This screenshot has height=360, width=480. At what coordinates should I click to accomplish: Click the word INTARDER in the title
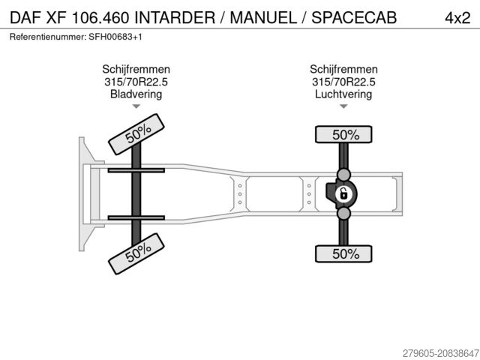click(x=175, y=18)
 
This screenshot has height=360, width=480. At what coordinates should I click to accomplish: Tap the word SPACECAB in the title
click(x=354, y=18)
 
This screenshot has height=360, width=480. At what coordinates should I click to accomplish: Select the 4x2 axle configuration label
click(x=457, y=18)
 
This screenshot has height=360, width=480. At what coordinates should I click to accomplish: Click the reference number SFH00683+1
click(x=115, y=37)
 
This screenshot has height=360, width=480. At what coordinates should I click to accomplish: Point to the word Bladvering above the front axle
click(x=136, y=94)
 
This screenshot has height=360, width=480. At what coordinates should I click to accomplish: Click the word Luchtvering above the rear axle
click(x=343, y=94)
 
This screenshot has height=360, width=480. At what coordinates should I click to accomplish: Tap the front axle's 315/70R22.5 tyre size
click(x=136, y=82)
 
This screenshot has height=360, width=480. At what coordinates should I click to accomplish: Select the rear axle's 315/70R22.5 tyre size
click(x=343, y=82)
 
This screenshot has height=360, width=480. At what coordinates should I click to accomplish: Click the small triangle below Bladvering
click(x=136, y=106)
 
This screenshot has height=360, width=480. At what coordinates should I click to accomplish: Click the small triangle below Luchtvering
click(x=343, y=106)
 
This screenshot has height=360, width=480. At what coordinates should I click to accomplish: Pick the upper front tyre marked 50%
click(x=136, y=134)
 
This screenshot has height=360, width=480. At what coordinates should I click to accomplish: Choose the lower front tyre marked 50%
click(x=136, y=253)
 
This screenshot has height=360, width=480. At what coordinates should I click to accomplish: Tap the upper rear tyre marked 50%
click(x=343, y=134)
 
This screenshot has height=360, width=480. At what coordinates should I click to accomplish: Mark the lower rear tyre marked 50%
click(x=343, y=253)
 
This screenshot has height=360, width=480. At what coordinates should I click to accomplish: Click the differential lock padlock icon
click(x=343, y=194)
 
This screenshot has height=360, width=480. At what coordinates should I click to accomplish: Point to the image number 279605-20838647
click(x=441, y=353)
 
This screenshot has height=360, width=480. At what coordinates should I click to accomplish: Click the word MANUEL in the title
click(x=263, y=18)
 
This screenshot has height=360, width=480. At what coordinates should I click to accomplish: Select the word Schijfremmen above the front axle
click(x=136, y=69)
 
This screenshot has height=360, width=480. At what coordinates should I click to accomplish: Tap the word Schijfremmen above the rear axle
click(x=343, y=69)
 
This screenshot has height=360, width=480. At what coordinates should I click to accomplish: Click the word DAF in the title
click(x=25, y=18)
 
